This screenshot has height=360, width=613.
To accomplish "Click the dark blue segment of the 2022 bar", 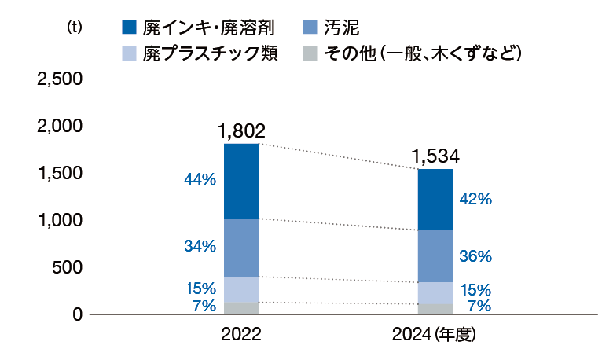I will pyautogui.click(x=241, y=181).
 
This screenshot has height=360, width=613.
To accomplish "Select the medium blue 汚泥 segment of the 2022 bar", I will pyautogui.click(x=241, y=247).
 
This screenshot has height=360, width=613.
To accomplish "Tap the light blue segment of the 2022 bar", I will pyautogui.click(x=241, y=288).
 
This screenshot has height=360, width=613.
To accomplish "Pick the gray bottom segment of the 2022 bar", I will pyautogui.click(x=241, y=307).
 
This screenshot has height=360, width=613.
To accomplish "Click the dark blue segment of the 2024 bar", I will pyautogui.click(x=435, y=199).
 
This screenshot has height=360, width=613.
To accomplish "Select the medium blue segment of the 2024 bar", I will pyautogui.click(x=435, y=255).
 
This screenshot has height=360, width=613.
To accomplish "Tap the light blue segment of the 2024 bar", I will pyautogui.click(x=435, y=292).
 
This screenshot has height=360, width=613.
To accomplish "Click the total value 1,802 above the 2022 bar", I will pyautogui.click(x=241, y=130).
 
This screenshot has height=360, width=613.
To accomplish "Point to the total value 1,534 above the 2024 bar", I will pyautogui.click(x=435, y=156).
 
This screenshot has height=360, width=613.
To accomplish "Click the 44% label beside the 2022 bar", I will pyautogui.click(x=200, y=180).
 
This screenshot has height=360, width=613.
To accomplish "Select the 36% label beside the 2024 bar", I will pyautogui.click(x=475, y=256).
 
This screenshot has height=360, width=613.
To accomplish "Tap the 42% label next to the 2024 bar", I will pyautogui.click(x=475, y=200).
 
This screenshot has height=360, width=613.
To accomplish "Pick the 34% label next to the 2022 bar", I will pyautogui.click(x=200, y=246).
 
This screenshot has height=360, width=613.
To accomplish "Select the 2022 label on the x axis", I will pyautogui.click(x=241, y=335).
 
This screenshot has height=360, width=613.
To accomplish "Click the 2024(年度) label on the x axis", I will pyautogui.click(x=435, y=335).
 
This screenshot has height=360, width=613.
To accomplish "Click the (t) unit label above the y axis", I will pyautogui.click(x=75, y=27).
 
